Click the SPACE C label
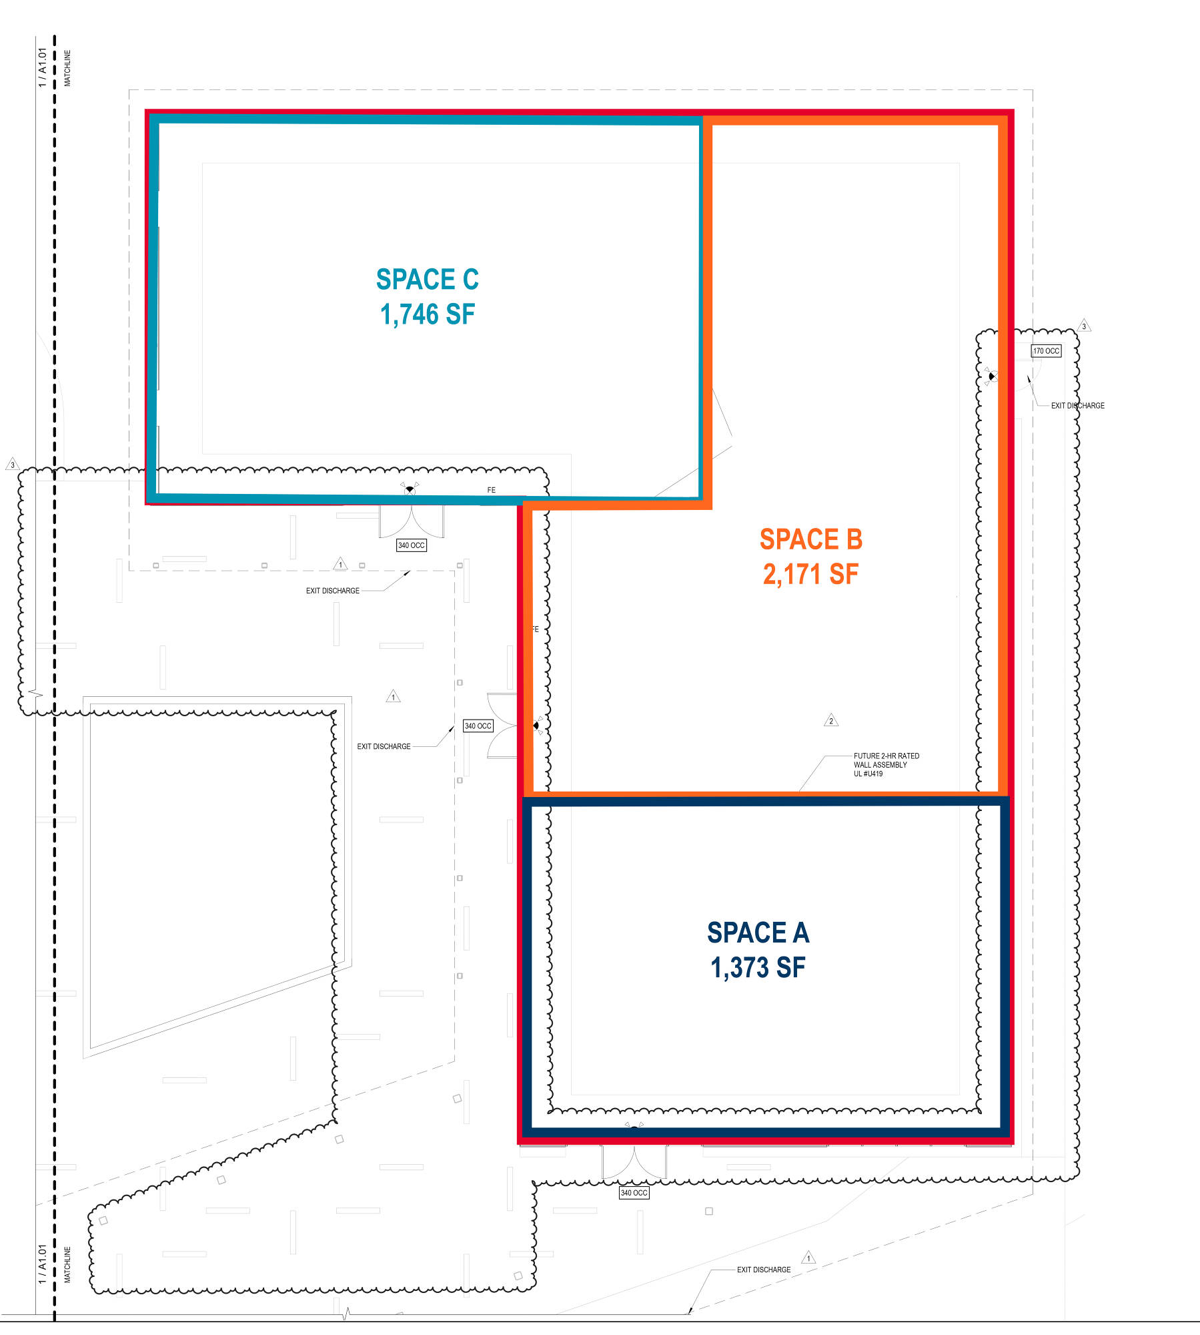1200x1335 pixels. click(x=428, y=279)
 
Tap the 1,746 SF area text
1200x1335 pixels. click(x=428, y=314)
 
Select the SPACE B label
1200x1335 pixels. click(x=811, y=539)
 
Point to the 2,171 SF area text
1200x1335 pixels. click(x=811, y=574)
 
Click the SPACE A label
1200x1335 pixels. click(x=758, y=932)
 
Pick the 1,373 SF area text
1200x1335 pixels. click(x=758, y=967)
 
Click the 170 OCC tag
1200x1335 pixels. click(x=1046, y=351)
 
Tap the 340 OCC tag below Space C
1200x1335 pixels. click(x=412, y=545)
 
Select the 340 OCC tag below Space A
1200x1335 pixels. click(x=634, y=1193)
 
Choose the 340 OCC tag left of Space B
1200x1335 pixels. click(x=478, y=726)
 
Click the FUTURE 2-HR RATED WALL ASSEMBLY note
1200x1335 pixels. click(x=886, y=765)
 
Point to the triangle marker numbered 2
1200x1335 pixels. click(x=831, y=720)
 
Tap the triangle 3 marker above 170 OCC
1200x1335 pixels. click(x=1084, y=325)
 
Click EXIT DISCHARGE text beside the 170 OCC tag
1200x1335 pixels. click(x=1078, y=406)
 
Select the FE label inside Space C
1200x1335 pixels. click(x=492, y=490)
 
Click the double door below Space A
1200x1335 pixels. click(x=634, y=1162)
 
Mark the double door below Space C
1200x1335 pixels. click(x=412, y=521)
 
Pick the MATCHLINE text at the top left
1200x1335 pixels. click(x=67, y=68)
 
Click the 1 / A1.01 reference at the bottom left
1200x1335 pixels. click(x=43, y=1264)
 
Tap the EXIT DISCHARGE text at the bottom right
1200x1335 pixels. click(x=764, y=1270)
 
